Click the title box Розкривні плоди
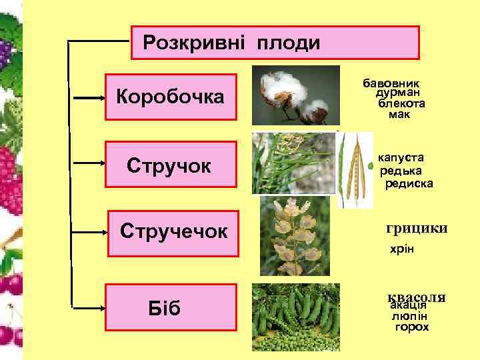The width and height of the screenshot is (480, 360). pos(275,44)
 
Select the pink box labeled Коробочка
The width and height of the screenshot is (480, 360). pos(172,97)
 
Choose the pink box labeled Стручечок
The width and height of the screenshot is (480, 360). pos(173,232)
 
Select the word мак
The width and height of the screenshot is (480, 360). pos(400,114)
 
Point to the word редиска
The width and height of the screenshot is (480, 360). pos(409,183)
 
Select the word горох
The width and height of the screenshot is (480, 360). pos(411,327)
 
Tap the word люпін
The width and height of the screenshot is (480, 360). pos(409,317)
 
